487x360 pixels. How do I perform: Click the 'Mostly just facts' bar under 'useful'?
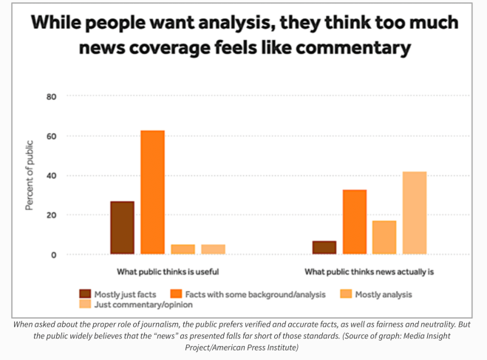tap(122, 228)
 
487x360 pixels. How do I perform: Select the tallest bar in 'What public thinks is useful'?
tap(152, 192)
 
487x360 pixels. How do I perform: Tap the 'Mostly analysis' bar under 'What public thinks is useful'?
tap(183, 249)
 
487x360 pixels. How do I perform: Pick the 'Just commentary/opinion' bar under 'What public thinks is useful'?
tap(213, 249)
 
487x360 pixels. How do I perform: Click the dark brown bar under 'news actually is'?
tap(324, 248)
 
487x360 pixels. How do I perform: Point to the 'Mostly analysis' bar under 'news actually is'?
tap(384, 237)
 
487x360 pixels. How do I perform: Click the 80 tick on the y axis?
tap(52, 96)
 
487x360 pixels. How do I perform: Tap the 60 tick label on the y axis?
tap(52, 136)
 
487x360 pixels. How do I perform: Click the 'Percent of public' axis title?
tap(30, 174)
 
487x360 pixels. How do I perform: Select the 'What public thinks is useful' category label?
tap(168, 271)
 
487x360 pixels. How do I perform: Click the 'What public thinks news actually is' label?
tap(369, 271)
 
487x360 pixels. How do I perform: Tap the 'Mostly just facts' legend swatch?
tap(85, 294)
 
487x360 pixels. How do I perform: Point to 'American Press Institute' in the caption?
tap(259, 346)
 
